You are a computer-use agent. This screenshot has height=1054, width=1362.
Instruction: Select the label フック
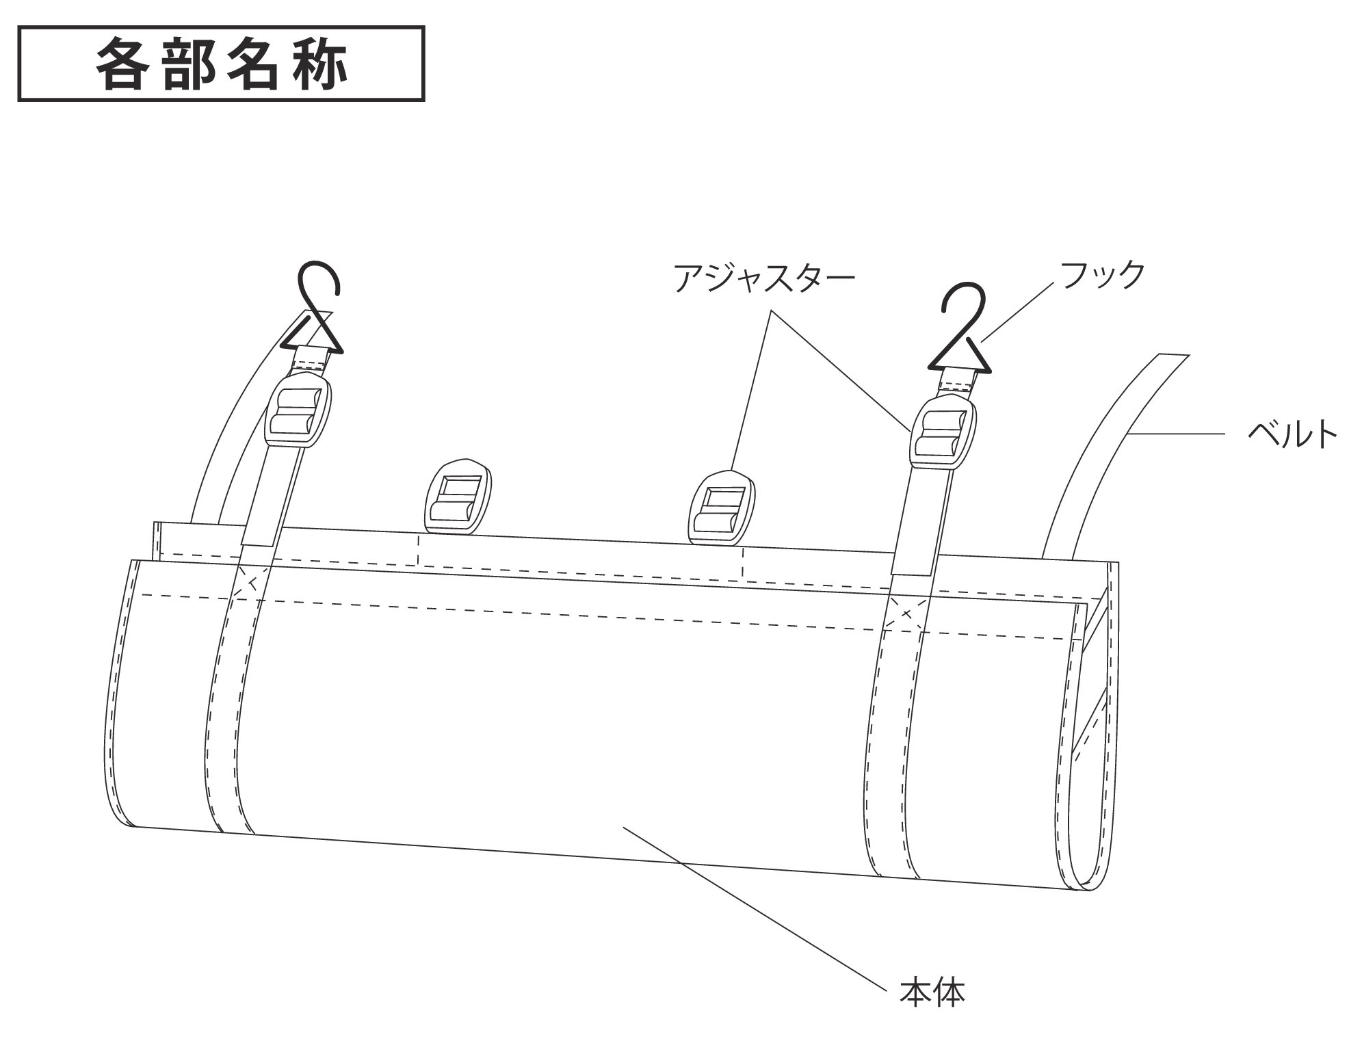(1101, 274)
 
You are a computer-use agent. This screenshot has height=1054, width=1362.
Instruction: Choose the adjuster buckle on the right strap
(941, 434)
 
